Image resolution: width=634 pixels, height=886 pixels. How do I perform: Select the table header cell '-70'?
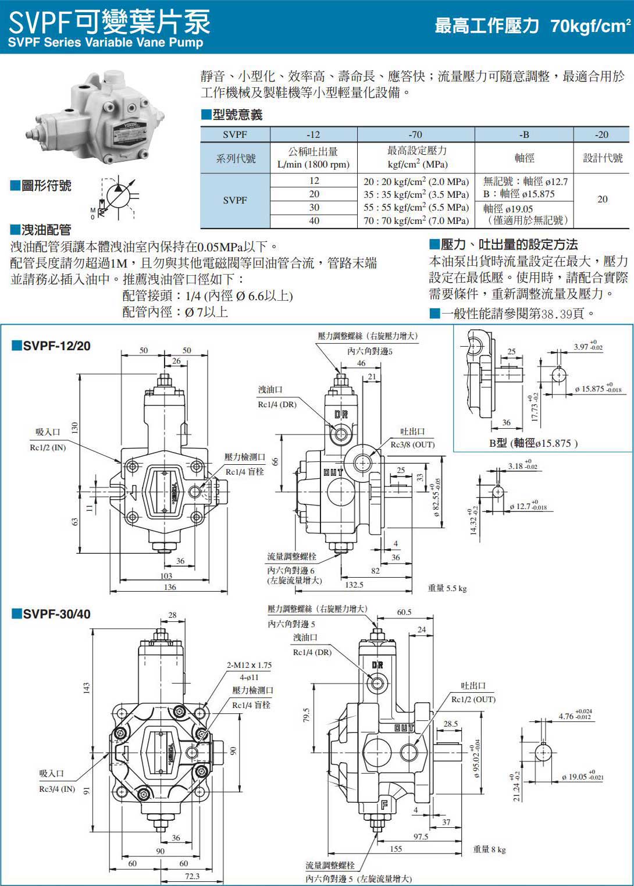pyautogui.click(x=415, y=134)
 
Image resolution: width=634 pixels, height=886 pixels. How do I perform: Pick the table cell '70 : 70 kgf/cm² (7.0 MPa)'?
pyautogui.click(x=416, y=220)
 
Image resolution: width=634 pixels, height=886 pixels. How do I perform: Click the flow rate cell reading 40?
pyautogui.click(x=314, y=220)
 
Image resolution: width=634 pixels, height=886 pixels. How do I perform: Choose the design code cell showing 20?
pyautogui.click(x=602, y=200)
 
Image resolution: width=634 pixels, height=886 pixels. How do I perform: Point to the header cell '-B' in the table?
pyautogui.click(x=524, y=134)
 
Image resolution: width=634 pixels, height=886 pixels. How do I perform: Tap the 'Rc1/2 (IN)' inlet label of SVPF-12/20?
pyautogui.click(x=48, y=447)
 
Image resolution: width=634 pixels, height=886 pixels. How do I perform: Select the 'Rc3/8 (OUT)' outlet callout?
pyautogui.click(x=412, y=444)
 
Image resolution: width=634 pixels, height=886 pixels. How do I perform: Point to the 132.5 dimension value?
pyautogui.click(x=354, y=585)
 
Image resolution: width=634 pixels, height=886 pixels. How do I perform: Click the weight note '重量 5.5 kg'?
pyautogui.click(x=447, y=588)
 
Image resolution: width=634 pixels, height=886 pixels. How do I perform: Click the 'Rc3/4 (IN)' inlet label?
pyautogui.click(x=57, y=789)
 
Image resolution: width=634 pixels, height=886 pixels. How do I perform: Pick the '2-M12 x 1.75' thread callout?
pyautogui.click(x=249, y=665)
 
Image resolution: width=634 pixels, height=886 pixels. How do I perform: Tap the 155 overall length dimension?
pyautogui.click(x=396, y=849)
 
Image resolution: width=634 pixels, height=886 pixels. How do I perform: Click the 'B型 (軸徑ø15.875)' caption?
pyautogui.click(x=533, y=443)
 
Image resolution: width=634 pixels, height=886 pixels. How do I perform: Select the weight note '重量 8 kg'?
pyautogui.click(x=489, y=849)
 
